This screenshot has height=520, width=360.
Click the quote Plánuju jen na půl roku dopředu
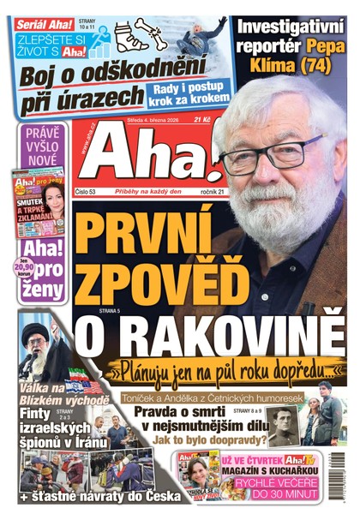click(231, 370)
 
